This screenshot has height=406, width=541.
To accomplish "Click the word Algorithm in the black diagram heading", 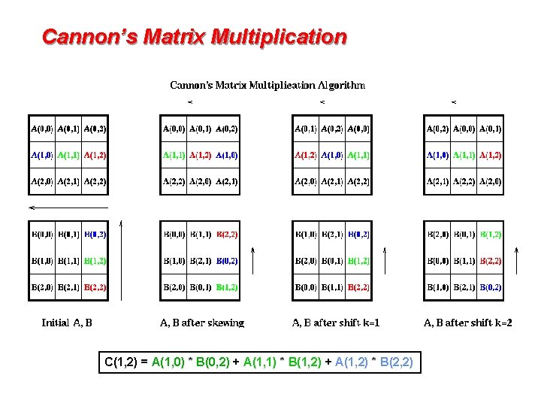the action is (x=340, y=85).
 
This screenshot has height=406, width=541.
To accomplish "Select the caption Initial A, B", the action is (x=67, y=323).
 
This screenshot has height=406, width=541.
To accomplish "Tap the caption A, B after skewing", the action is (x=201, y=323).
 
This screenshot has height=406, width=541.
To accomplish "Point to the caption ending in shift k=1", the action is (x=336, y=323).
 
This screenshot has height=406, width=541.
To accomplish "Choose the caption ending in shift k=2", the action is (x=468, y=323).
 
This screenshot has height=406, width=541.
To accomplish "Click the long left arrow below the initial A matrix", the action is (x=68, y=207).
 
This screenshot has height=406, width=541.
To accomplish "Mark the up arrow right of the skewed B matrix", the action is (x=253, y=270).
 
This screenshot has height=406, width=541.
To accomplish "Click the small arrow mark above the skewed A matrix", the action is (x=191, y=101).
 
